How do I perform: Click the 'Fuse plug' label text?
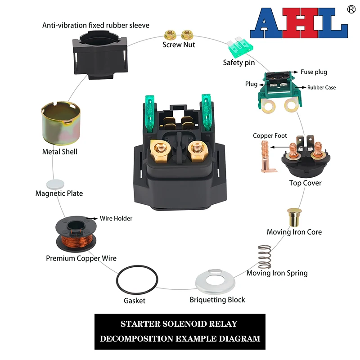(314, 72)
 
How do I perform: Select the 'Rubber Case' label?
(321, 87)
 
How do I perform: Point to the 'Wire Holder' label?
(116, 219)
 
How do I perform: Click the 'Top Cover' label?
(305, 183)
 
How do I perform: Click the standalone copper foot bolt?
(265, 156)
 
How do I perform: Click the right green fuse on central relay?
(207, 112)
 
